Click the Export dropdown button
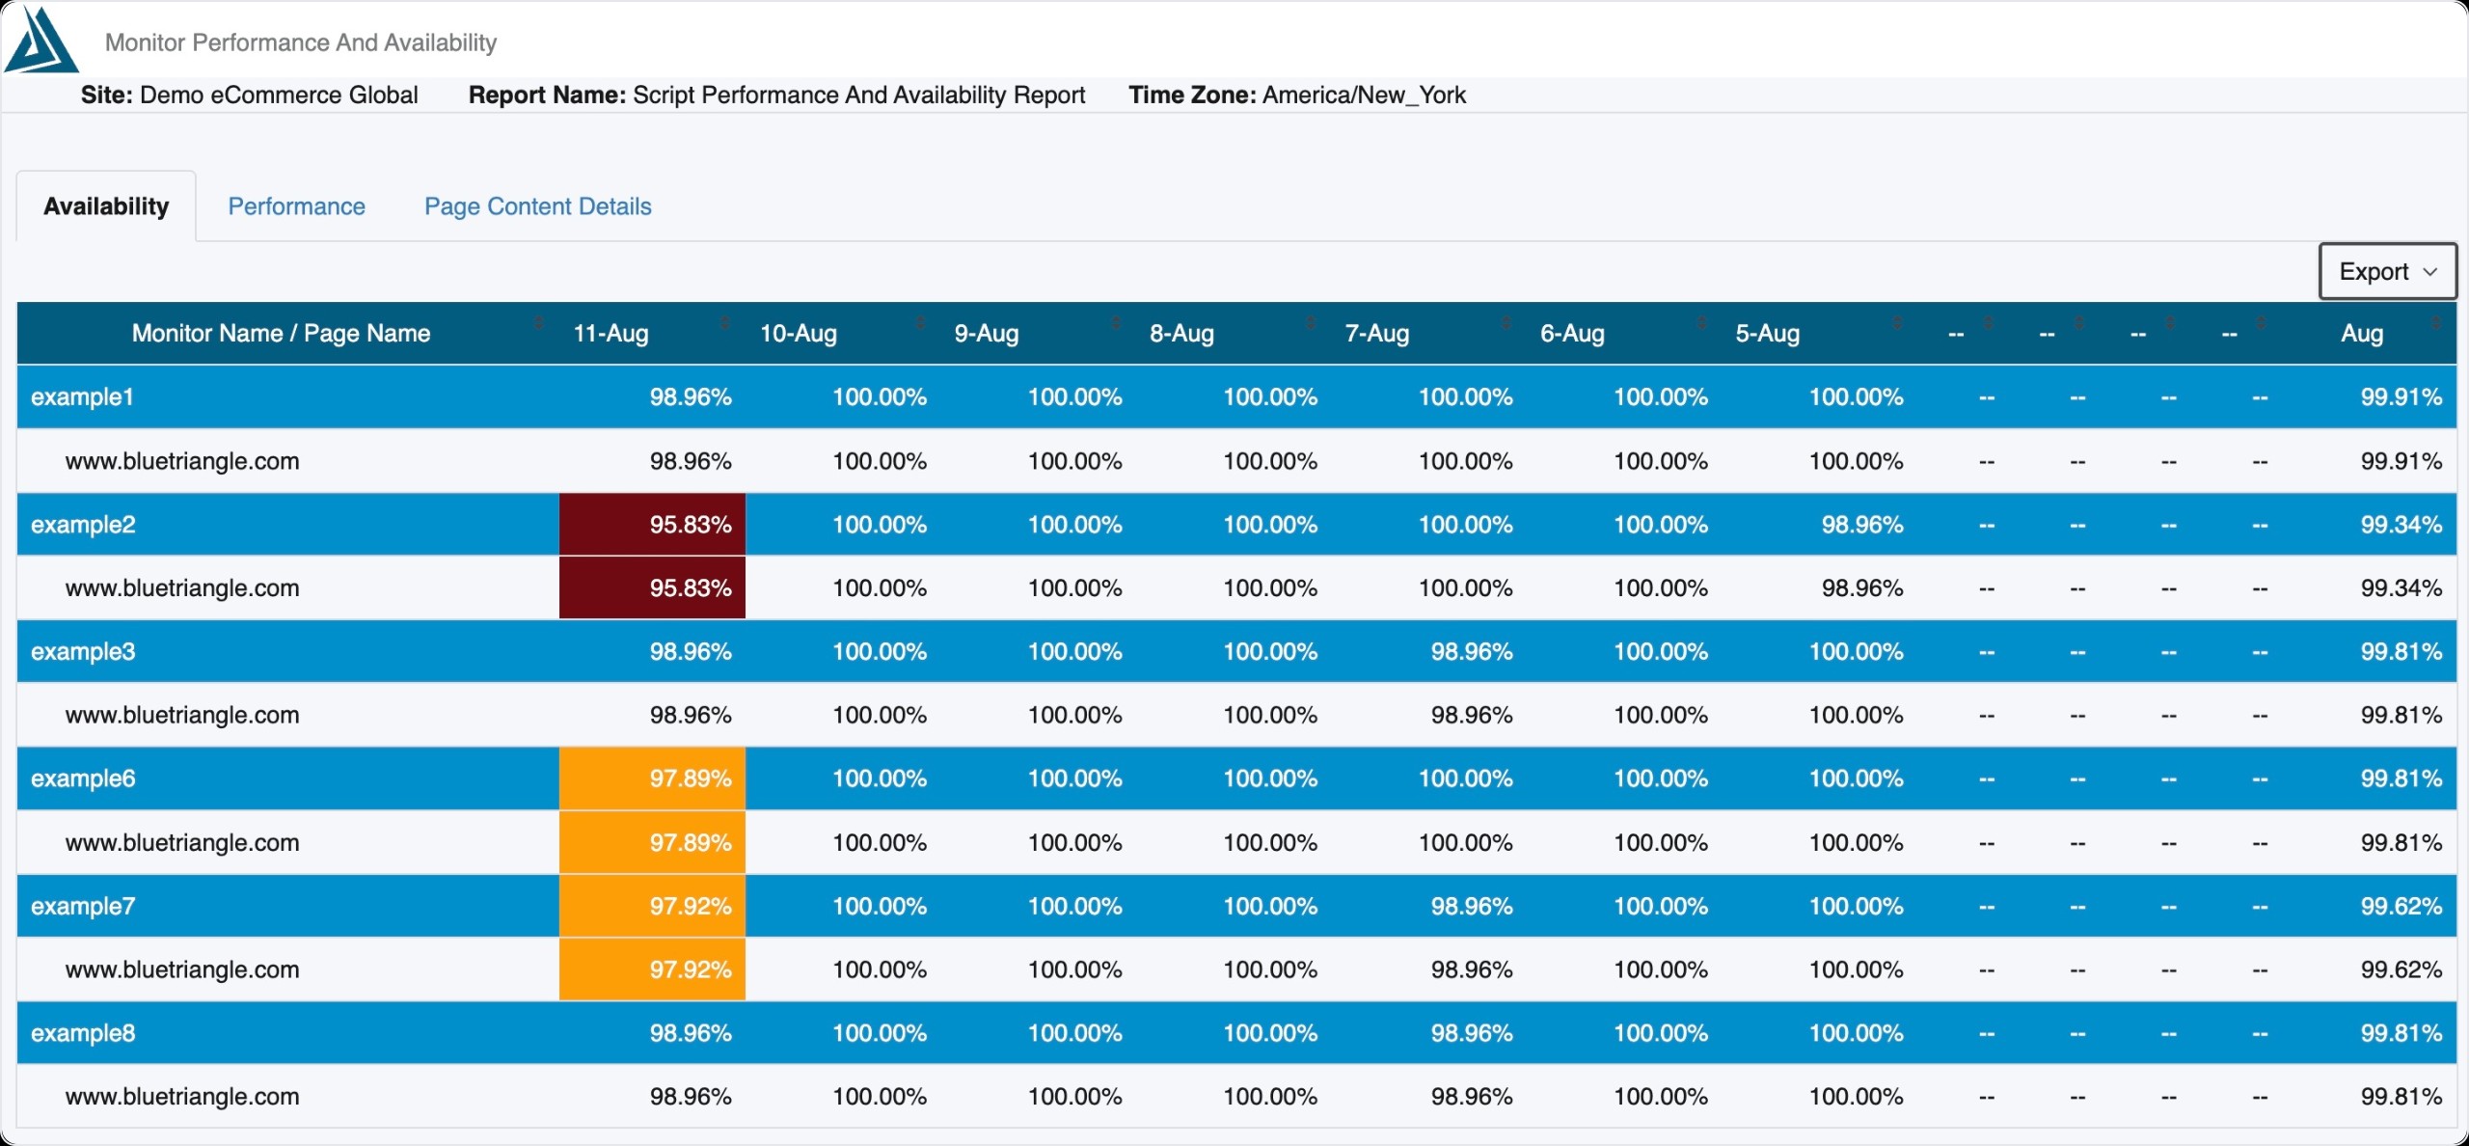point(2387,272)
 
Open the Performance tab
point(296,206)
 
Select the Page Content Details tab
point(538,206)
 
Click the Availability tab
point(106,206)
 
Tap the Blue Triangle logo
point(41,41)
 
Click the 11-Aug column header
point(611,334)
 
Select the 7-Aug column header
point(1377,334)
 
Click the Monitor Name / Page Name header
point(281,334)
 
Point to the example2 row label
point(83,525)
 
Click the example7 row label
point(83,907)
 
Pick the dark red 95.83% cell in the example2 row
point(652,525)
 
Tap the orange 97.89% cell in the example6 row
point(652,778)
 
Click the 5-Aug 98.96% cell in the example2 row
point(1862,525)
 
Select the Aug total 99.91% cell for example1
point(2401,397)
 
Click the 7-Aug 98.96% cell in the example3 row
point(1472,652)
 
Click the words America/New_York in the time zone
point(1364,95)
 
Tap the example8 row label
point(83,1033)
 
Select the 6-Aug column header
point(1572,334)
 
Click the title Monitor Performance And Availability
point(301,42)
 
